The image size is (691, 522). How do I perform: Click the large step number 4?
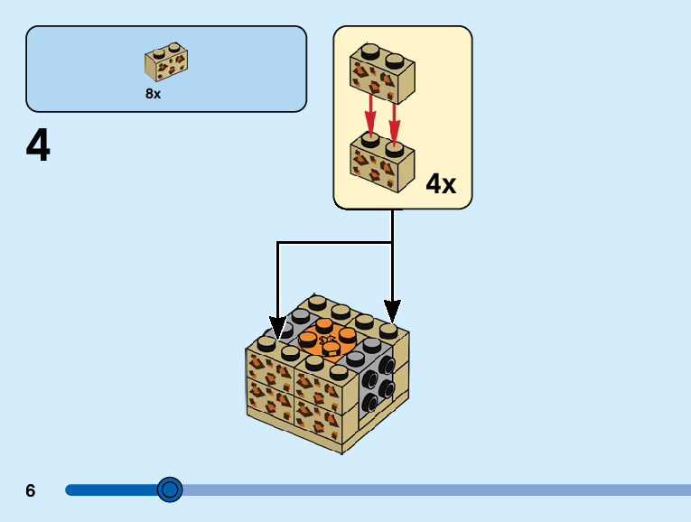point(38,146)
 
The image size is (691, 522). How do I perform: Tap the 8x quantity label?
point(153,94)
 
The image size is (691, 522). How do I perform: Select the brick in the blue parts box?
point(166,62)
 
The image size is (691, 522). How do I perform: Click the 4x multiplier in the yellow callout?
point(440,184)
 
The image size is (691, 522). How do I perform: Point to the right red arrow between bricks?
point(394,116)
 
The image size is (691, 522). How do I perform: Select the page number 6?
point(31,490)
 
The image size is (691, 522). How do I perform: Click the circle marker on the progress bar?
point(170,489)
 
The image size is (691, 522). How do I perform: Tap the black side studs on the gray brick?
point(379,380)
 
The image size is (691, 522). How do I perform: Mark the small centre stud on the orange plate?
point(328,342)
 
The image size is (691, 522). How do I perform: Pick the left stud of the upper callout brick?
point(369,51)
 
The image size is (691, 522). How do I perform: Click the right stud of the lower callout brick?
point(394,146)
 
